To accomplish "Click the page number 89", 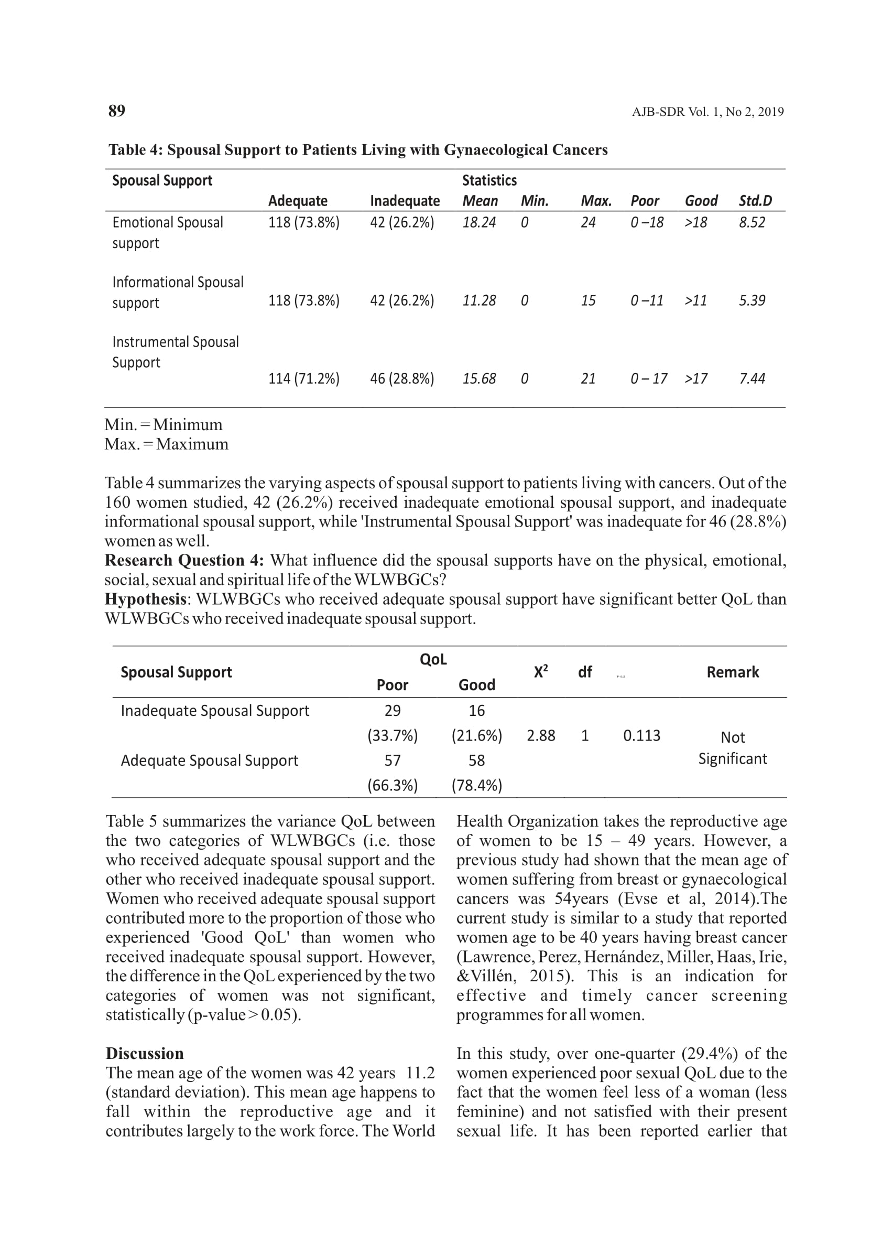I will [x=116, y=111].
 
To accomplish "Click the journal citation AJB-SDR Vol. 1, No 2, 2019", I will [x=707, y=112].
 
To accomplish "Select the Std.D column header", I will [x=755, y=201].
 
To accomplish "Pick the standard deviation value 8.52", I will [x=752, y=222].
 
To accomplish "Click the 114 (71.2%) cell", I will [x=303, y=379].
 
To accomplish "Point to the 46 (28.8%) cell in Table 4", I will [x=401, y=379].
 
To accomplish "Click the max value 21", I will [x=588, y=379].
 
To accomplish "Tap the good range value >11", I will [x=695, y=301].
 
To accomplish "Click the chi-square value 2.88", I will [x=540, y=736].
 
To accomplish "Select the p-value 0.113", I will [x=641, y=736].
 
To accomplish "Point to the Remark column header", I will [x=733, y=672].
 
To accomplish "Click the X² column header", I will [x=540, y=671].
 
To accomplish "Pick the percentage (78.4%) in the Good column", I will [x=476, y=785].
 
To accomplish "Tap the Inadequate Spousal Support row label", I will [x=214, y=711].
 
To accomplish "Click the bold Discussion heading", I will [x=145, y=1053].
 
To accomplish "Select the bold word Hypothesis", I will [x=146, y=599].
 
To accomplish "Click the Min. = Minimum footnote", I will [x=164, y=425].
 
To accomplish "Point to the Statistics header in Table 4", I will [x=489, y=180].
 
